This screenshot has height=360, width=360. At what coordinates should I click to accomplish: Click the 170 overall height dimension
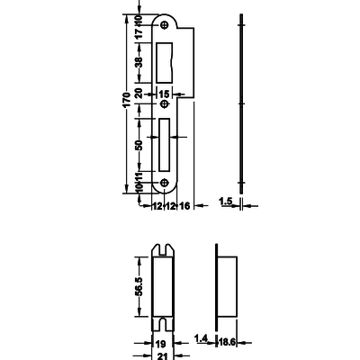click(x=127, y=100)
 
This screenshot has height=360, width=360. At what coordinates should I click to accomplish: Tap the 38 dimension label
click(x=139, y=62)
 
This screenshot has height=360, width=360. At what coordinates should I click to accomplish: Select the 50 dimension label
click(x=139, y=145)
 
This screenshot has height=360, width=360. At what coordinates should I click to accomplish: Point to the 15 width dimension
click(x=164, y=94)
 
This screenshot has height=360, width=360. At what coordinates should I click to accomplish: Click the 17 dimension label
click(x=139, y=33)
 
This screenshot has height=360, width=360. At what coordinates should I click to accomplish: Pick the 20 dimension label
click(x=139, y=94)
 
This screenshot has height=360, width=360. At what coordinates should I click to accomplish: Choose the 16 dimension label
click(x=184, y=206)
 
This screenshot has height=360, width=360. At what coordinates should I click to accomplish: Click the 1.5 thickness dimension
click(x=226, y=202)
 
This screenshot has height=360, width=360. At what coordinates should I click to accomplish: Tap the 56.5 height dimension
click(x=139, y=286)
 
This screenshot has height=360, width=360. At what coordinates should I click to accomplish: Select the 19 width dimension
click(x=161, y=344)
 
